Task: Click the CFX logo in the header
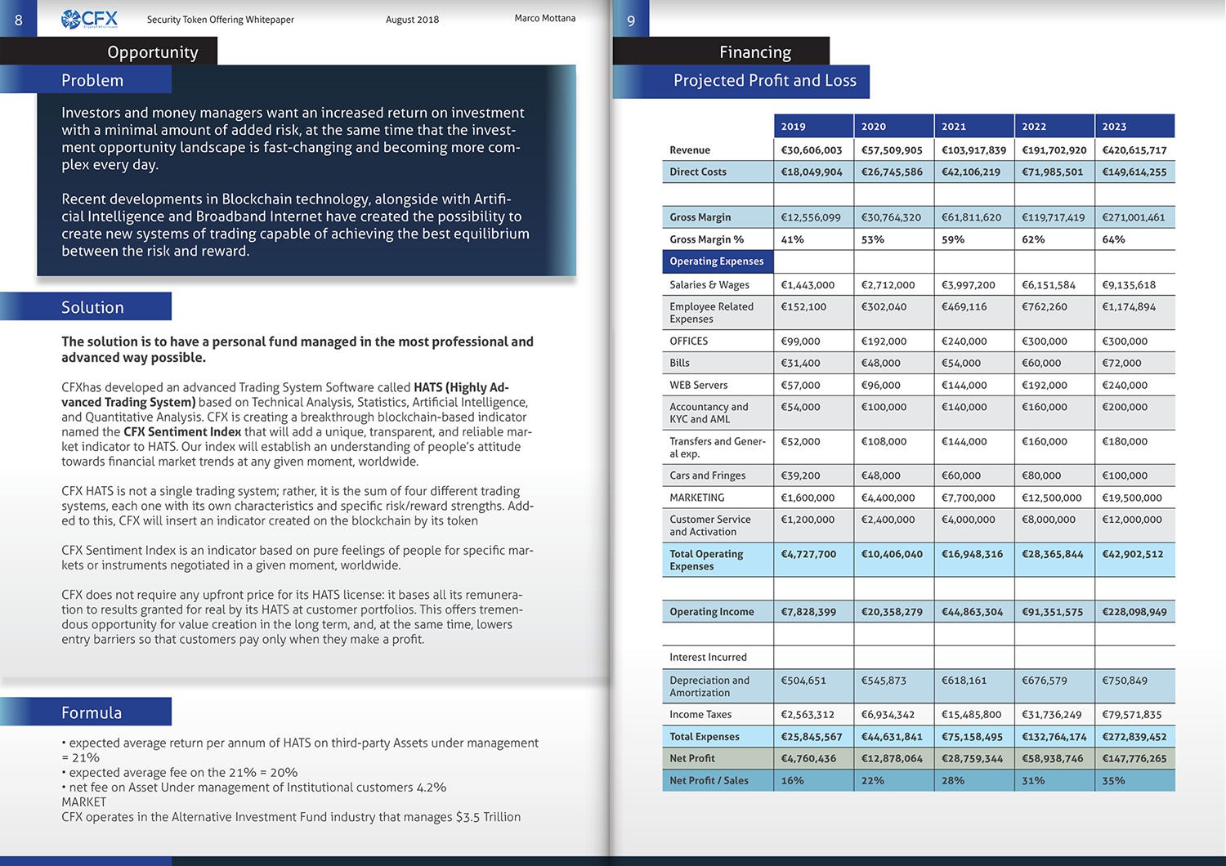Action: click(90, 19)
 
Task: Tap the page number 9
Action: click(631, 20)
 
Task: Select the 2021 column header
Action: click(954, 127)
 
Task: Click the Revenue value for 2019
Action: click(811, 150)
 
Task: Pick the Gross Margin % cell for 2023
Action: click(1113, 239)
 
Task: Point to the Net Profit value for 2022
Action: click(1052, 758)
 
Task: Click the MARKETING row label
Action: click(696, 498)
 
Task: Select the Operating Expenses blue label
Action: click(717, 261)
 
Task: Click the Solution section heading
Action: click(92, 307)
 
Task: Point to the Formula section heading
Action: click(92, 712)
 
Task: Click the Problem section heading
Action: click(92, 80)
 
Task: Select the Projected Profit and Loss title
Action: click(764, 80)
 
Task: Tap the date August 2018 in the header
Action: click(412, 20)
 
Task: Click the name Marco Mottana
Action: click(544, 18)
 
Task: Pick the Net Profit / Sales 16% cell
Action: click(793, 780)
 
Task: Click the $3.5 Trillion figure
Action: click(488, 817)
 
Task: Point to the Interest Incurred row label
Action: click(708, 657)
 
